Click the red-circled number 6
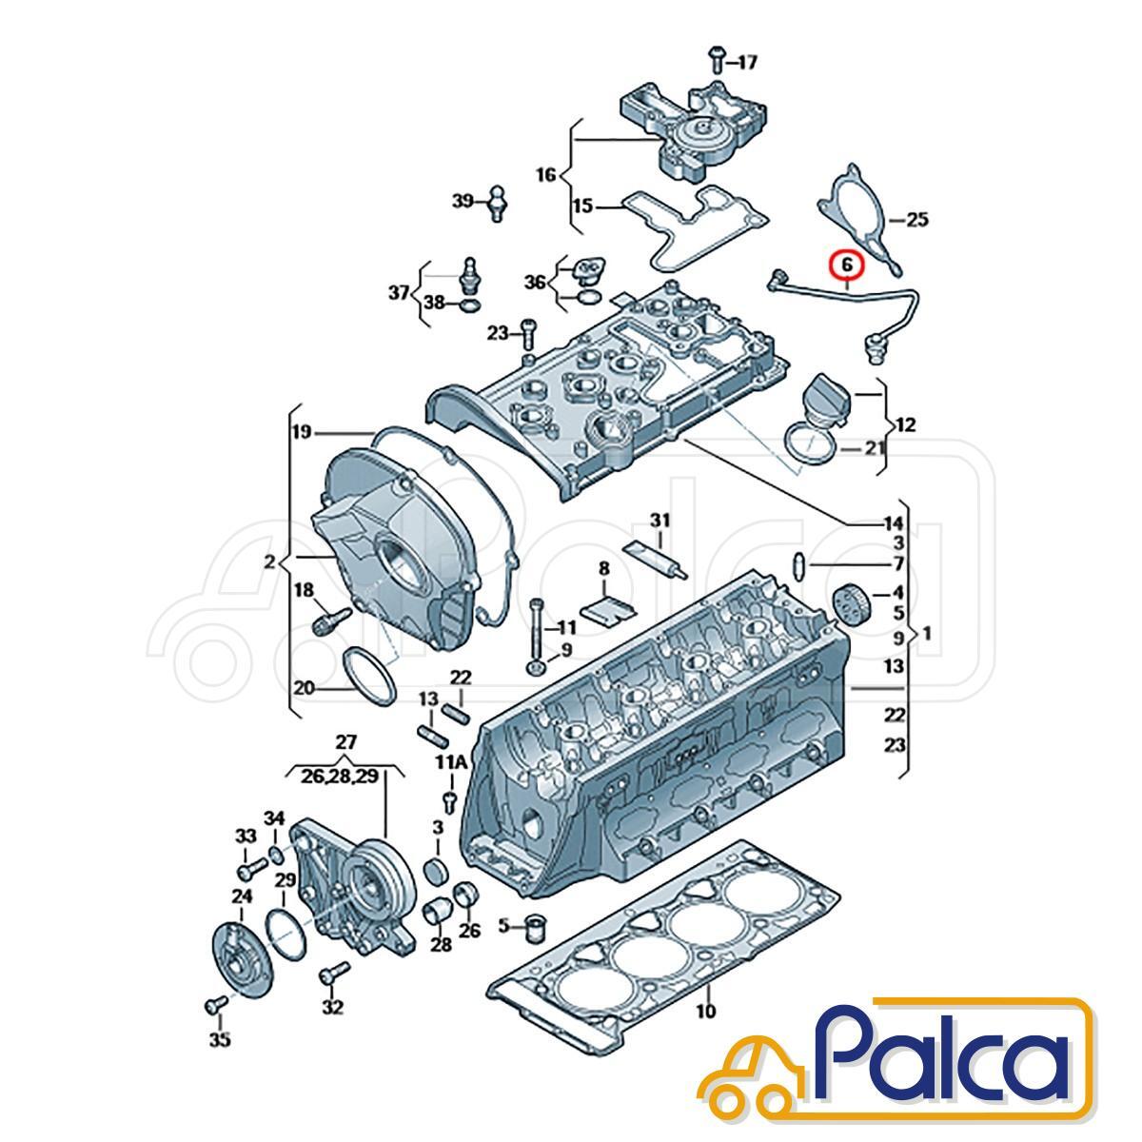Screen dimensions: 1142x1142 pos(847,266)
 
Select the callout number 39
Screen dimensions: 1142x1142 pos(463,202)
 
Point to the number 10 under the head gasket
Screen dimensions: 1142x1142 pos(706,1010)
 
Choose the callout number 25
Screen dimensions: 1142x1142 pos(916,220)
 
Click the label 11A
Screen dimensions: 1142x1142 pos(452,762)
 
